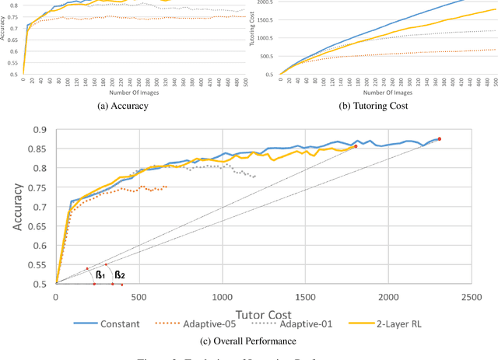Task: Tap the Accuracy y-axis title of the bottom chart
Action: pos(16,207)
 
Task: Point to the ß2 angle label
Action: pos(119,274)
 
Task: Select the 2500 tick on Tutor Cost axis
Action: pos(469,296)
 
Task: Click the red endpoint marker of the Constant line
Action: pos(439,139)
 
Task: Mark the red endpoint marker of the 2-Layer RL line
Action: pos(356,146)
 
